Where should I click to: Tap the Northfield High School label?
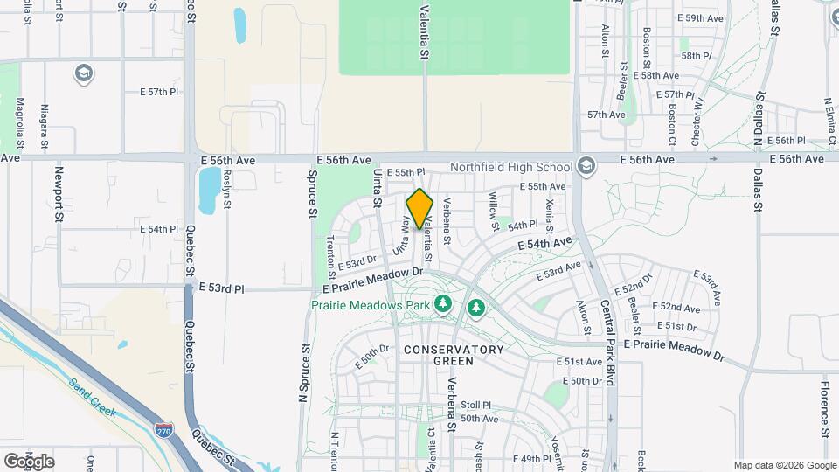point(510,167)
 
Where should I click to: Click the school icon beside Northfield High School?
point(585,166)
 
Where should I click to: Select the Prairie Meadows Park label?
point(371,305)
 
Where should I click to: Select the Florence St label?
point(824,408)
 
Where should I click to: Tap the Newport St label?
point(59,194)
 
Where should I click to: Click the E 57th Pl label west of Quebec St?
point(159,91)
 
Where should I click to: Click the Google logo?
point(28,461)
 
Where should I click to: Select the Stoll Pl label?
point(476,406)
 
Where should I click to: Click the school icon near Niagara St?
point(84,73)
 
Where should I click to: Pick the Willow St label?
point(494,212)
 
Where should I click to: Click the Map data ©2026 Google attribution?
point(784,465)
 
